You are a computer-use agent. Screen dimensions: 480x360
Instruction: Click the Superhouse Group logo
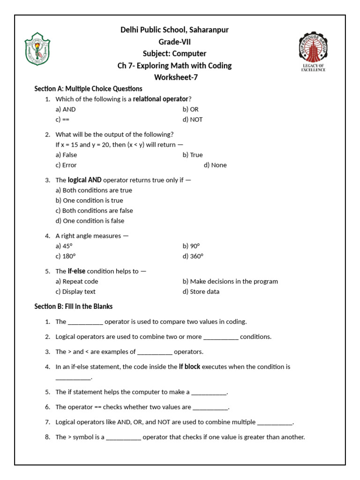(313, 52)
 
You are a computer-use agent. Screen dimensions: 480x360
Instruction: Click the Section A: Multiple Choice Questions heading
(88, 89)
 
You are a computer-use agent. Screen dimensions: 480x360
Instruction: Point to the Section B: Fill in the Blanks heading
(74, 306)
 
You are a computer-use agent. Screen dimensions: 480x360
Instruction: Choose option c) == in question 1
(62, 120)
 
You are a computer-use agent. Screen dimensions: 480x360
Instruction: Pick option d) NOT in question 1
(193, 120)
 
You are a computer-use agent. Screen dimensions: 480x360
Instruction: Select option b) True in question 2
(193, 155)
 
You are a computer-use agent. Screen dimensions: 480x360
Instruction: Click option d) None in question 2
(215, 165)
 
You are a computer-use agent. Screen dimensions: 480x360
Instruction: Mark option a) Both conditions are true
(94, 190)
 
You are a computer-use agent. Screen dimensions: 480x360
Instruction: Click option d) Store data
(201, 292)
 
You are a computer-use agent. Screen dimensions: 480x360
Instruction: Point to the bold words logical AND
(85, 180)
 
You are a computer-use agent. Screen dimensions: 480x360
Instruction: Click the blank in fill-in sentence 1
(85, 322)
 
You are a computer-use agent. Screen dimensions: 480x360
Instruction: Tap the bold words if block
(189, 367)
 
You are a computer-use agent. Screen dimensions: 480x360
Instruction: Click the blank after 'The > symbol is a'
(123, 438)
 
